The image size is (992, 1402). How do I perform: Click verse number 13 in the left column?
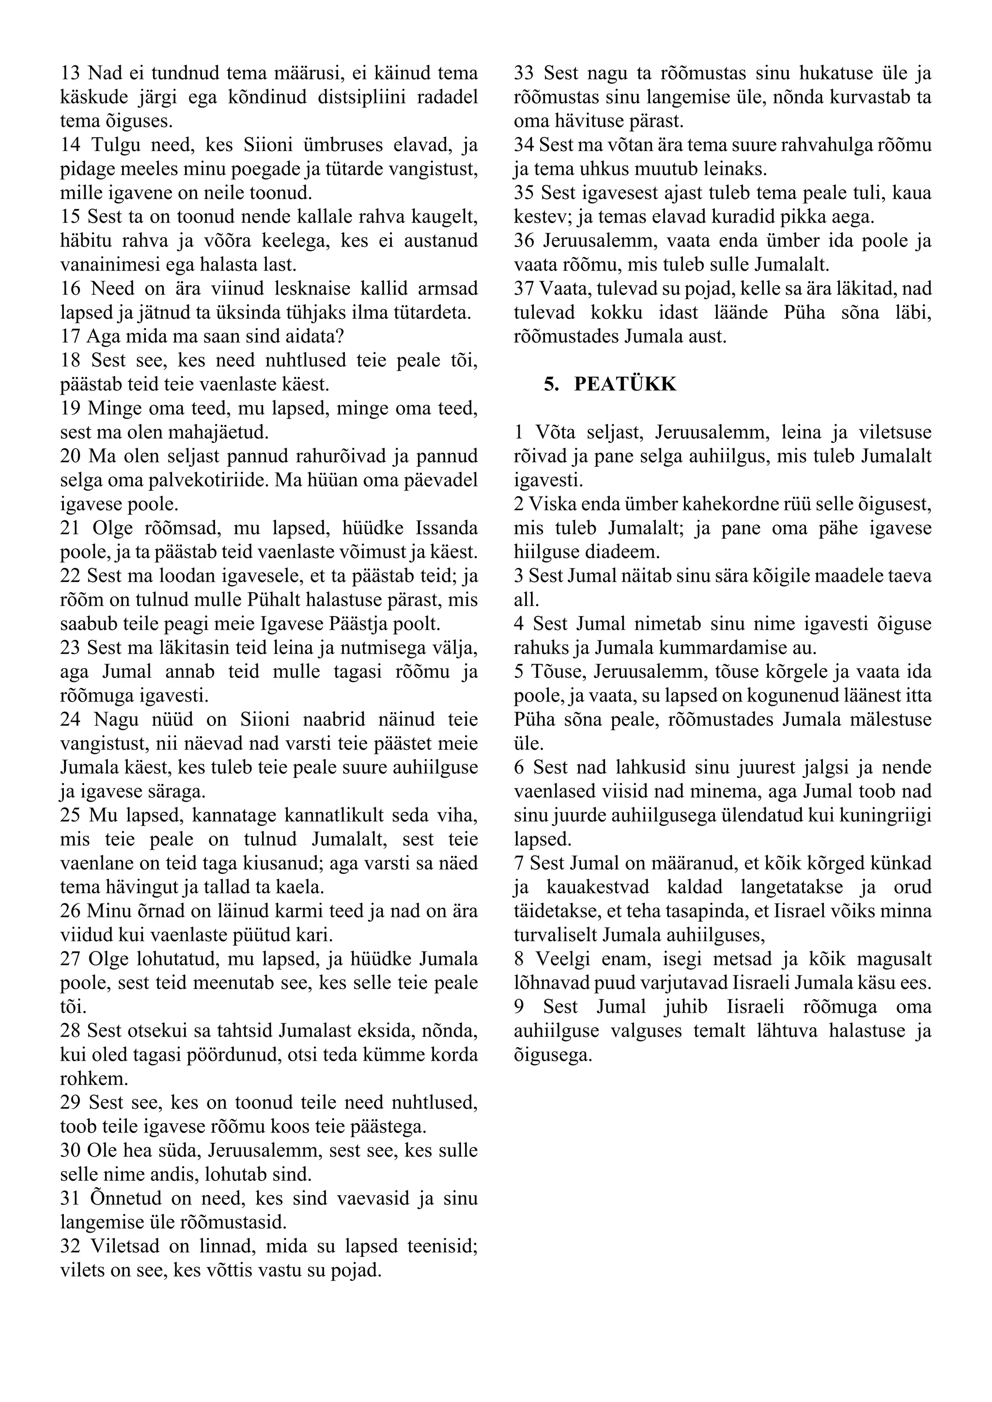click(x=70, y=73)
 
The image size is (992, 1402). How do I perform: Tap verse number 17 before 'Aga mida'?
click(x=70, y=336)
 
